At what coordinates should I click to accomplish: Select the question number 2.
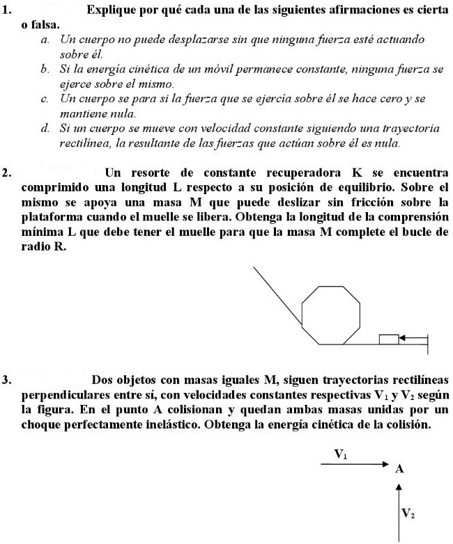click(x=7, y=171)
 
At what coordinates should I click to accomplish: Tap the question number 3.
click(x=7, y=380)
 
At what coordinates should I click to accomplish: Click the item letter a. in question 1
click(x=45, y=42)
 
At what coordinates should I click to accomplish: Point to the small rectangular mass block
click(x=388, y=339)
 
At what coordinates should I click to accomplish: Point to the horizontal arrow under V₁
click(x=357, y=464)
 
